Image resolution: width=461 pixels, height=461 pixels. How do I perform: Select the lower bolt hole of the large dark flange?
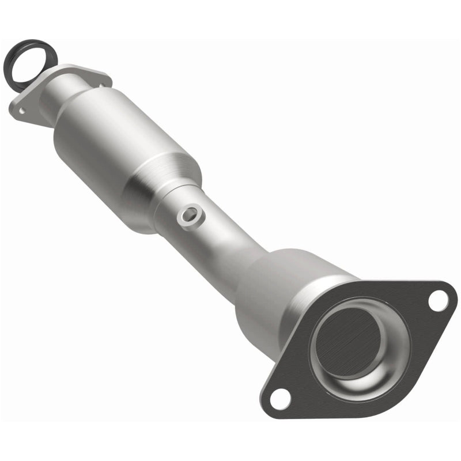click(278, 396)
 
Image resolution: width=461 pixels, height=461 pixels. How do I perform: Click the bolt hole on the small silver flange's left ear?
click(21, 109)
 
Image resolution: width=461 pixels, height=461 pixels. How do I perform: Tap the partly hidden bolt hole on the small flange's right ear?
click(101, 85)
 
